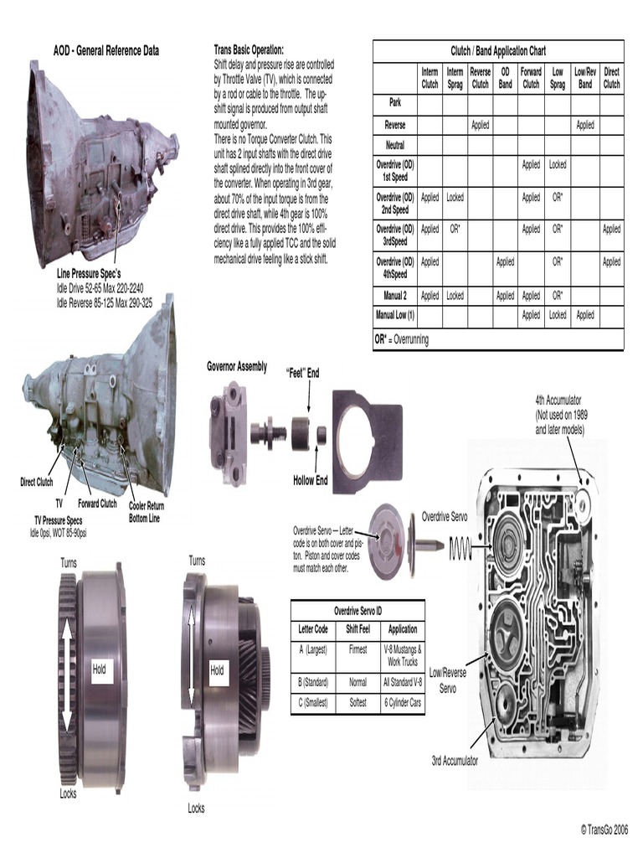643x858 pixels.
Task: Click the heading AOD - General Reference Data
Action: click(105, 51)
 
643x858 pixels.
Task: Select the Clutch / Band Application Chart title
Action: click(498, 51)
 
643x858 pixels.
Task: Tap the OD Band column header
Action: click(505, 79)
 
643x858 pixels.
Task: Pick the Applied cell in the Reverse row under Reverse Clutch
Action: click(480, 125)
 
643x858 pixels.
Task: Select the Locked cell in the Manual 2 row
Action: click(455, 295)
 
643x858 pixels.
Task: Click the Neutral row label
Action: click(394, 145)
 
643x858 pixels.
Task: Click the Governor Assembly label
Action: click(237, 366)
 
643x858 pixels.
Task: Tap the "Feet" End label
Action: click(302, 373)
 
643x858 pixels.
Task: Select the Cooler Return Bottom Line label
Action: click(147, 512)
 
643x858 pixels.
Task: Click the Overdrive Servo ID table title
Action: click(358, 610)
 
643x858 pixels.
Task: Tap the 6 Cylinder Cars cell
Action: click(403, 703)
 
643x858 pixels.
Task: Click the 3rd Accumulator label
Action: click(455, 761)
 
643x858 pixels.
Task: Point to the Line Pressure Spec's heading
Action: click(90, 274)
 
